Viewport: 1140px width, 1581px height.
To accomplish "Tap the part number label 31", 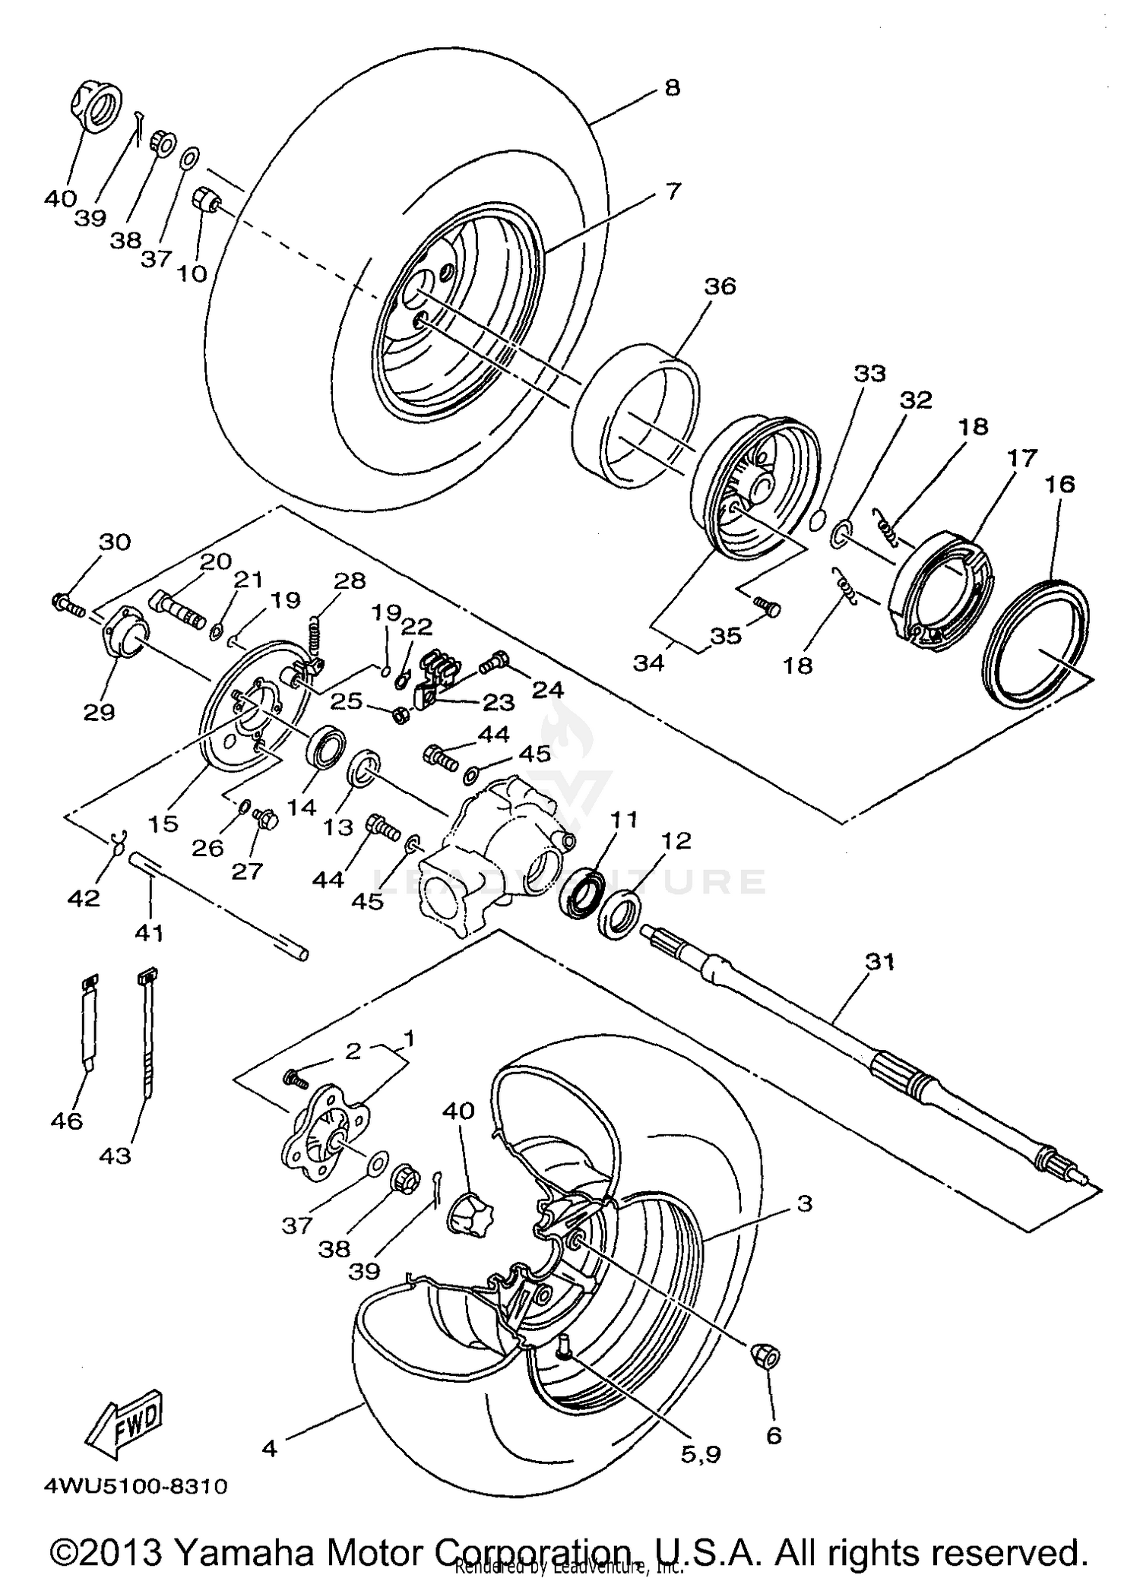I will [880, 963].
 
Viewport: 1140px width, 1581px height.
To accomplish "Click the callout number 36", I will [720, 286].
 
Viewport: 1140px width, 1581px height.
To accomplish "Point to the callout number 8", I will [671, 87].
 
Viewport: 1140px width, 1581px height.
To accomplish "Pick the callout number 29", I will [99, 712].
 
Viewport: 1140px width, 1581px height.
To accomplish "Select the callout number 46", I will [66, 1121].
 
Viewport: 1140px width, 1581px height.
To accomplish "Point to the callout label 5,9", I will [700, 1454].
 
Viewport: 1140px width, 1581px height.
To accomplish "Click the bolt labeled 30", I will [69, 606].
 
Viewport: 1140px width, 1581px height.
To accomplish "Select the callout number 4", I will [269, 1449].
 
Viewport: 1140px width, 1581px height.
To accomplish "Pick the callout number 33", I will [869, 373].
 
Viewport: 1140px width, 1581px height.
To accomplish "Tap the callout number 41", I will [149, 931].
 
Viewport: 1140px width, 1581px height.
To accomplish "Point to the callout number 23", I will [499, 701].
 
